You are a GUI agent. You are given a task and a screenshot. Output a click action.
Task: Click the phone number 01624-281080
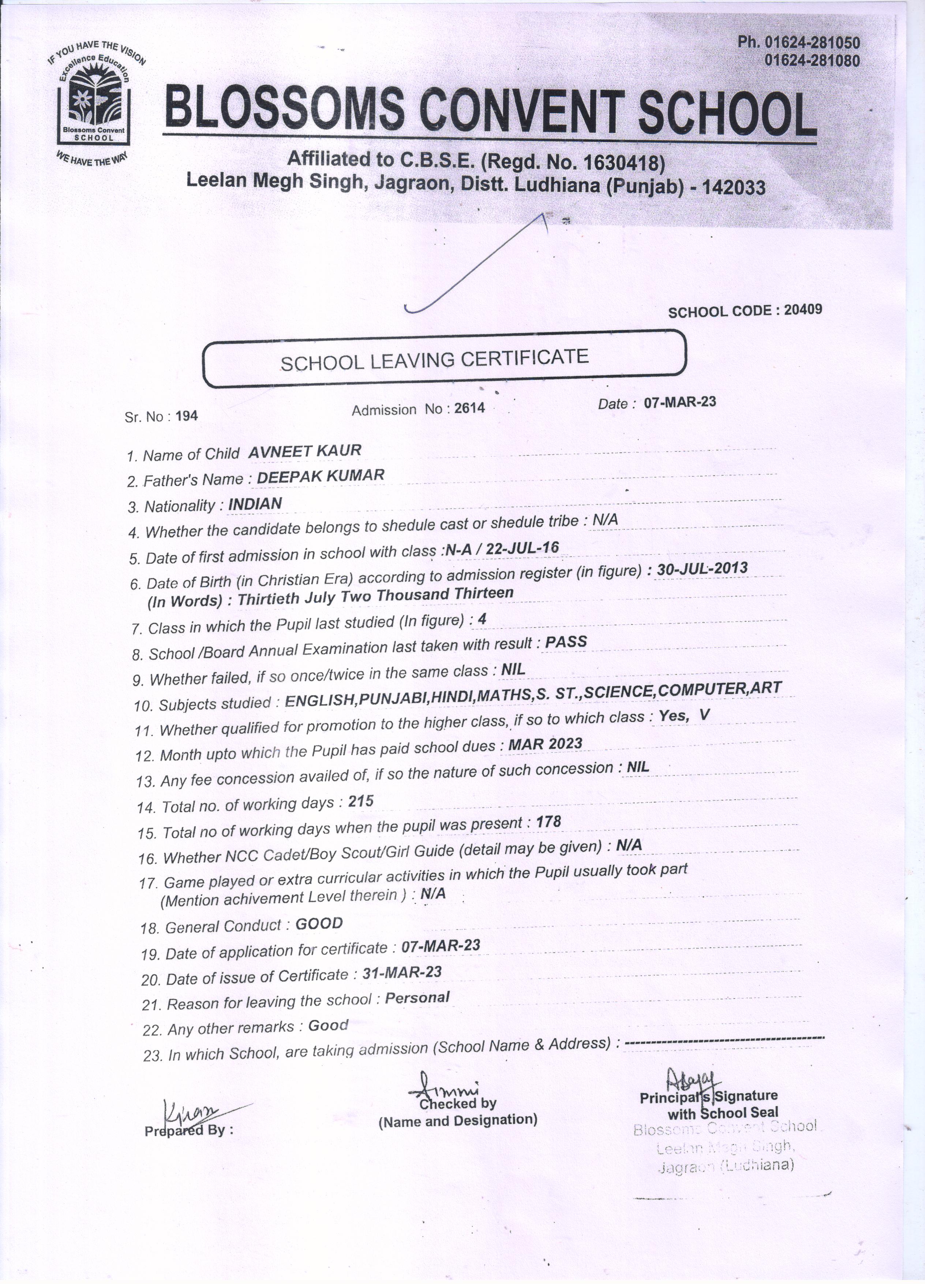[x=812, y=60]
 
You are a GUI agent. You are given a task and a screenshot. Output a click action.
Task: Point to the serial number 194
[x=187, y=416]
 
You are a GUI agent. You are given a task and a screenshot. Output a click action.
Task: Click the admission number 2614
[x=469, y=408]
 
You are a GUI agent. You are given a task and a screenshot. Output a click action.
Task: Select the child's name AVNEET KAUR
[x=305, y=451]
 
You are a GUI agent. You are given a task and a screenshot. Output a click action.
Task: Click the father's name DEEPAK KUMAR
[x=320, y=476]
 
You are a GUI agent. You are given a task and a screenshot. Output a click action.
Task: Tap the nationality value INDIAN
[x=255, y=503]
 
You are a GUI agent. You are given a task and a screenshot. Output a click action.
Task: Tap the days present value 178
[x=548, y=822]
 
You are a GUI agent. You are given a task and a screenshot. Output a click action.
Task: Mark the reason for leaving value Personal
[x=417, y=998]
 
